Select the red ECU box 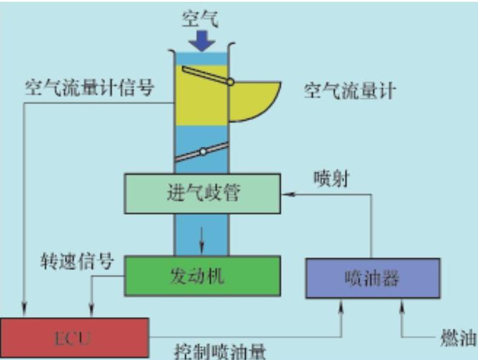(74, 337)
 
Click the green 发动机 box (202, 275)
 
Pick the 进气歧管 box (202, 194)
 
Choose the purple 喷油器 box (373, 278)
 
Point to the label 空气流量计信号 (90, 89)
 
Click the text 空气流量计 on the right (350, 91)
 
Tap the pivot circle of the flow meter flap (231, 82)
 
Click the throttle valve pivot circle (203, 151)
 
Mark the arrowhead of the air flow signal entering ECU (25, 312)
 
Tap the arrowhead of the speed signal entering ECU (91, 312)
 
